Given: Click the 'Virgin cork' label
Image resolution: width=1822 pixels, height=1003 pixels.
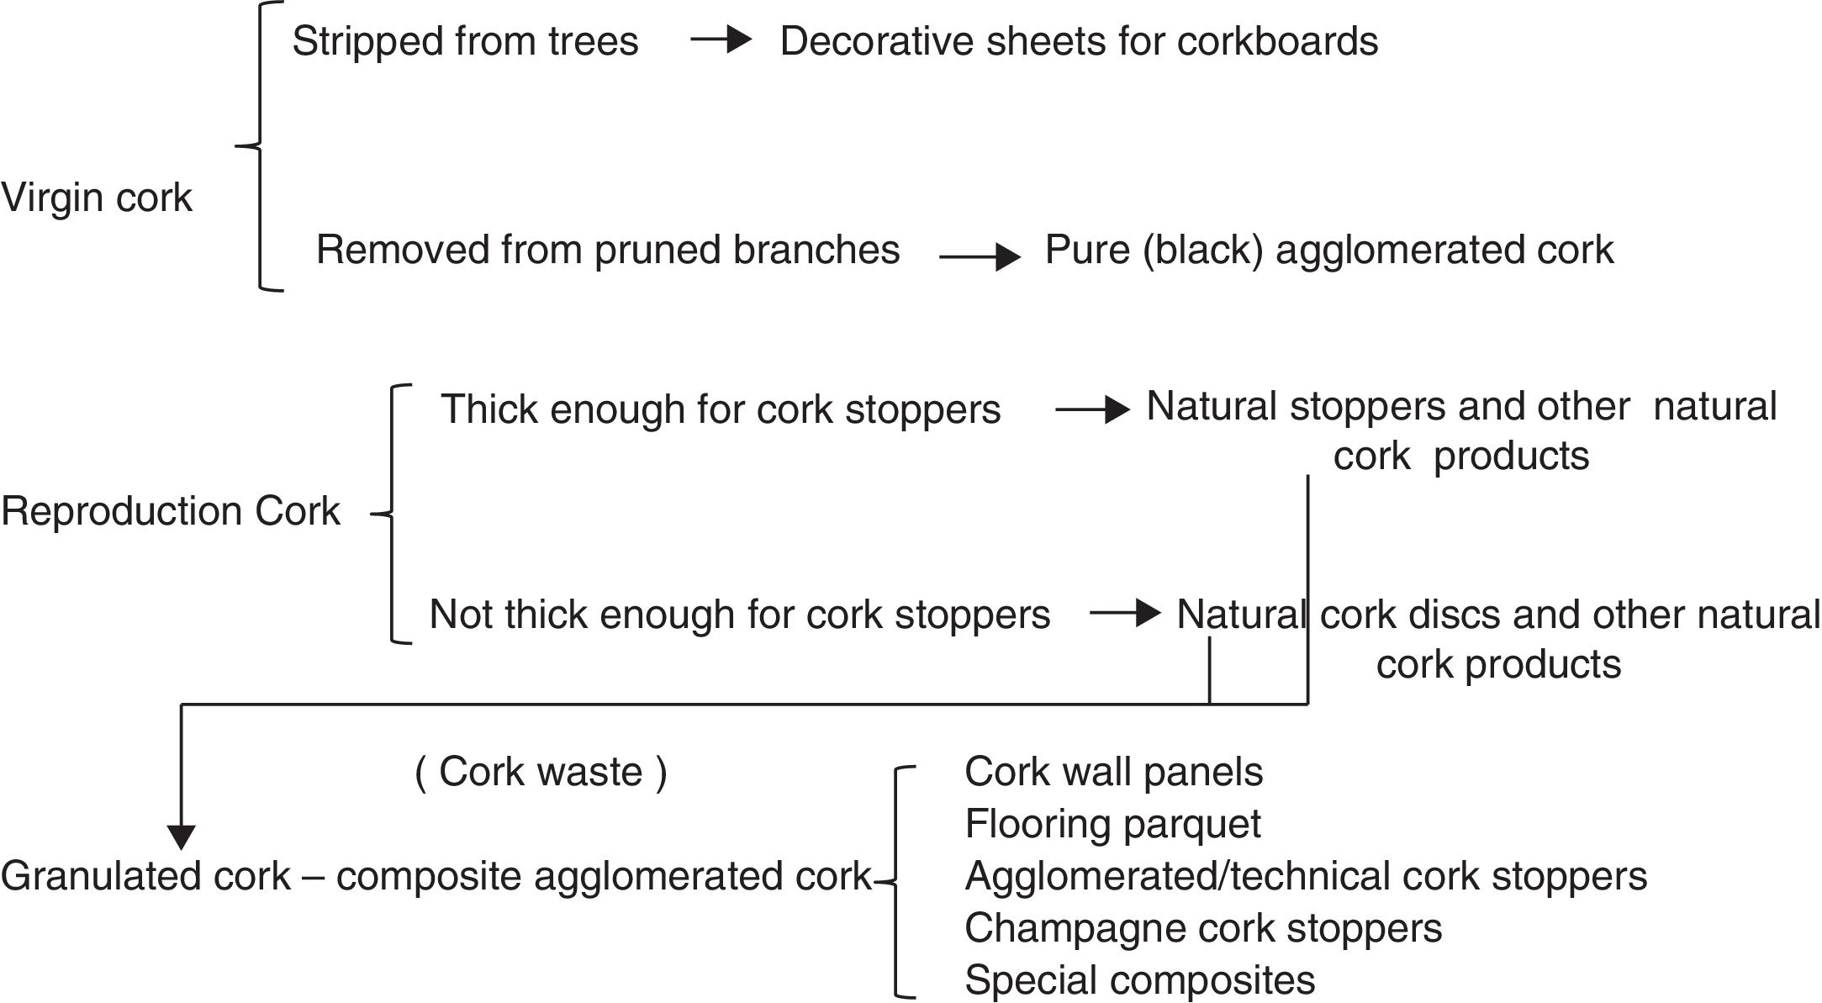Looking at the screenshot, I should pos(97,198).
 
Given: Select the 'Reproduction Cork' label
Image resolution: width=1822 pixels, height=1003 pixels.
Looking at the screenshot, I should pos(171,511).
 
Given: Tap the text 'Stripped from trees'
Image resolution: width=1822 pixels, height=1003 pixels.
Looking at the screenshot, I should pos(465,41).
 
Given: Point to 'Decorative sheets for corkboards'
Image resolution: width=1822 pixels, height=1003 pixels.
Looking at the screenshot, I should pos(1079,41).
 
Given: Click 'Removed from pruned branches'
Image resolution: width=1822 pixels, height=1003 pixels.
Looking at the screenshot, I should pos(608,250).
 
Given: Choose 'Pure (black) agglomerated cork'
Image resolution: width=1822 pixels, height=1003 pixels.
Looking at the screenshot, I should pos(1328,250).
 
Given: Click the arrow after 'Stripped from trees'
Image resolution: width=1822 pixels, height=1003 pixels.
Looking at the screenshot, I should pos(721,40).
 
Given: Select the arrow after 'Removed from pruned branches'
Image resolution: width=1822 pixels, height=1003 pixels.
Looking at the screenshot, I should pos(980,256).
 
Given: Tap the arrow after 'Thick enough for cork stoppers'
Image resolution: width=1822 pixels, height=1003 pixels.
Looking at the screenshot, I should pos(1092,409).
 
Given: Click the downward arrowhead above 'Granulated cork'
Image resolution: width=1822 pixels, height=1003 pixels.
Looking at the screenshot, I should pos(182,836).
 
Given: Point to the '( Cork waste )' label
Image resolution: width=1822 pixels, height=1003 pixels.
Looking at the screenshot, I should pos(541,772).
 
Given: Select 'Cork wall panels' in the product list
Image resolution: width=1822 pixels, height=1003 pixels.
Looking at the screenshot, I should pos(1113,772).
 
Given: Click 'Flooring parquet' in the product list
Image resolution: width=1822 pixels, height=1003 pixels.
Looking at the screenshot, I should pos(1112,824).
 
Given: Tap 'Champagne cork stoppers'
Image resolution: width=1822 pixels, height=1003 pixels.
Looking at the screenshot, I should pos(1203,928).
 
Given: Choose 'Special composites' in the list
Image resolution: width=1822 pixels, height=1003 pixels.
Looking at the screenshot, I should pos(1139,980).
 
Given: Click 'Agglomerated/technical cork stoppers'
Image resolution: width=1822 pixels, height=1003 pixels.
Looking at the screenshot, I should pos(1306,876).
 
